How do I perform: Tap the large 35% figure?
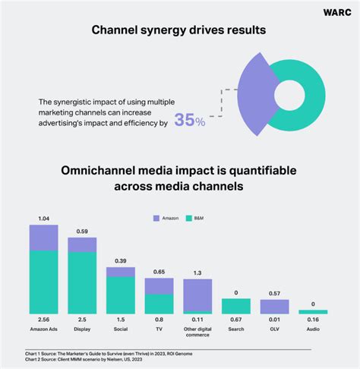point(189,120)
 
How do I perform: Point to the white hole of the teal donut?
point(290,92)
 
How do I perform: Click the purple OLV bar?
point(275,306)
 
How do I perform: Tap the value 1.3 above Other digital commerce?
point(197,273)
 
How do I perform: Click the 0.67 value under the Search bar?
point(236,320)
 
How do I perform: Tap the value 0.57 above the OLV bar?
point(275,293)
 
